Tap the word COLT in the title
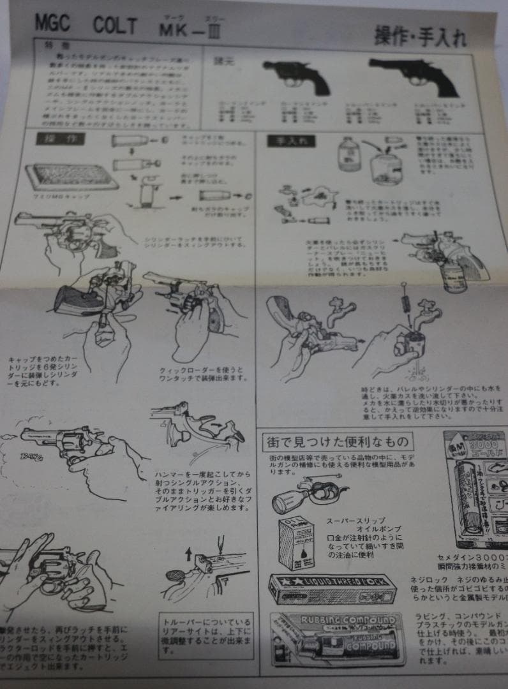tap(115, 26)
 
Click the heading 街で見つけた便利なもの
tap(338, 440)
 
